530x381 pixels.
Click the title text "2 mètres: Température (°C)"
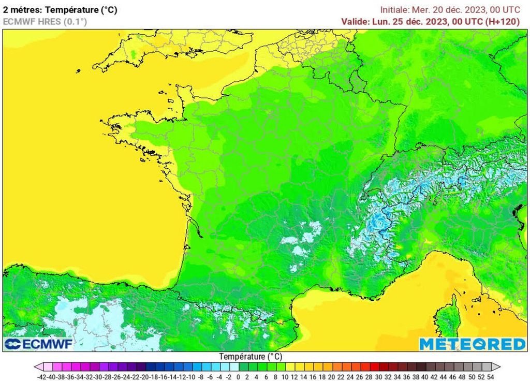(x=60, y=10)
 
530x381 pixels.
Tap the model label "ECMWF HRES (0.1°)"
(x=45, y=21)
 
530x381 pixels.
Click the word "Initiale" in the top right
(x=394, y=10)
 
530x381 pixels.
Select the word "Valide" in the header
(x=355, y=21)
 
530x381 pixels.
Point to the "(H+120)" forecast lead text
(x=502, y=21)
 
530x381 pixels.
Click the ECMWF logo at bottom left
(x=38, y=344)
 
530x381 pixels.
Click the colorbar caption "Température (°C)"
(x=251, y=357)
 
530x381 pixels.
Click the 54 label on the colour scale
(x=490, y=376)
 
